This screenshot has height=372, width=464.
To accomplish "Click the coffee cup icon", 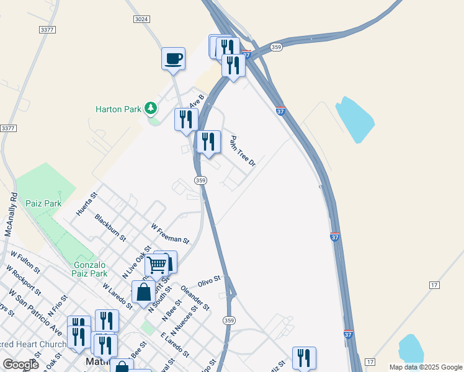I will pyautogui.click(x=173, y=59).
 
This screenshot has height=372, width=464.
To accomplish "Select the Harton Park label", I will pyautogui.click(x=118, y=109).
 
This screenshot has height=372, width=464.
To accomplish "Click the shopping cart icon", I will pyautogui.click(x=156, y=265).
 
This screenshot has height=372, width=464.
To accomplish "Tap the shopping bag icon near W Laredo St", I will pyautogui.click(x=143, y=292).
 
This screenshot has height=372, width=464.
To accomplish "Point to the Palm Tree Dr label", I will pyautogui.click(x=243, y=151).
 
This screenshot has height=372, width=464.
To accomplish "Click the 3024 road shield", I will pyautogui.click(x=141, y=20).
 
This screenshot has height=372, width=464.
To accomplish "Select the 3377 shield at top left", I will pyautogui.click(x=47, y=30).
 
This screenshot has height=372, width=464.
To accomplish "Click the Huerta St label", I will pyautogui.click(x=87, y=203).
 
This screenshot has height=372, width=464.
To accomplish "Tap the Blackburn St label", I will pyautogui.click(x=110, y=228).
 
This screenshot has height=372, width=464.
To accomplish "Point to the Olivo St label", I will pyautogui.click(x=209, y=281).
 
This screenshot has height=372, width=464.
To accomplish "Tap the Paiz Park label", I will pyautogui.click(x=43, y=203).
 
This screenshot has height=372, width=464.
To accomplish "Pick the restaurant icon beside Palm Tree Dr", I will pyautogui.click(x=208, y=142).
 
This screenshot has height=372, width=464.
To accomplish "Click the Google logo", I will pyautogui.click(x=21, y=365).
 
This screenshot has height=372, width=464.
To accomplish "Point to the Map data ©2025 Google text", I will pyautogui.click(x=425, y=367).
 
